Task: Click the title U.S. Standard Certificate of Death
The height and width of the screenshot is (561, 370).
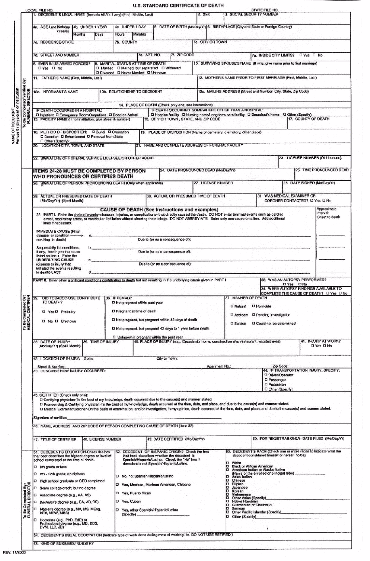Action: point(178,6)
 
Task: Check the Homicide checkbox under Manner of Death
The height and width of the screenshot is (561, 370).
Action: point(253,306)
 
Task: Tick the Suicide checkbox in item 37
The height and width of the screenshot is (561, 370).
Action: point(232,324)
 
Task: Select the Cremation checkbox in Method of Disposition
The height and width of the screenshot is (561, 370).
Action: point(109,132)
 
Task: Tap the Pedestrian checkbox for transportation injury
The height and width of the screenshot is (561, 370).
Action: point(266,384)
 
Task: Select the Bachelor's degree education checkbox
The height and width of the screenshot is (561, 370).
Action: point(35,502)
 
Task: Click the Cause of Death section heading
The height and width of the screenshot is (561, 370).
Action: point(159,209)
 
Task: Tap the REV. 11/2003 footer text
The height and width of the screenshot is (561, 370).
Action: point(14,552)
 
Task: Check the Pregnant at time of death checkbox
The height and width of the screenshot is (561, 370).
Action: point(113,311)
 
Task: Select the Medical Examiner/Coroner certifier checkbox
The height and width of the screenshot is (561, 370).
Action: point(41,409)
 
